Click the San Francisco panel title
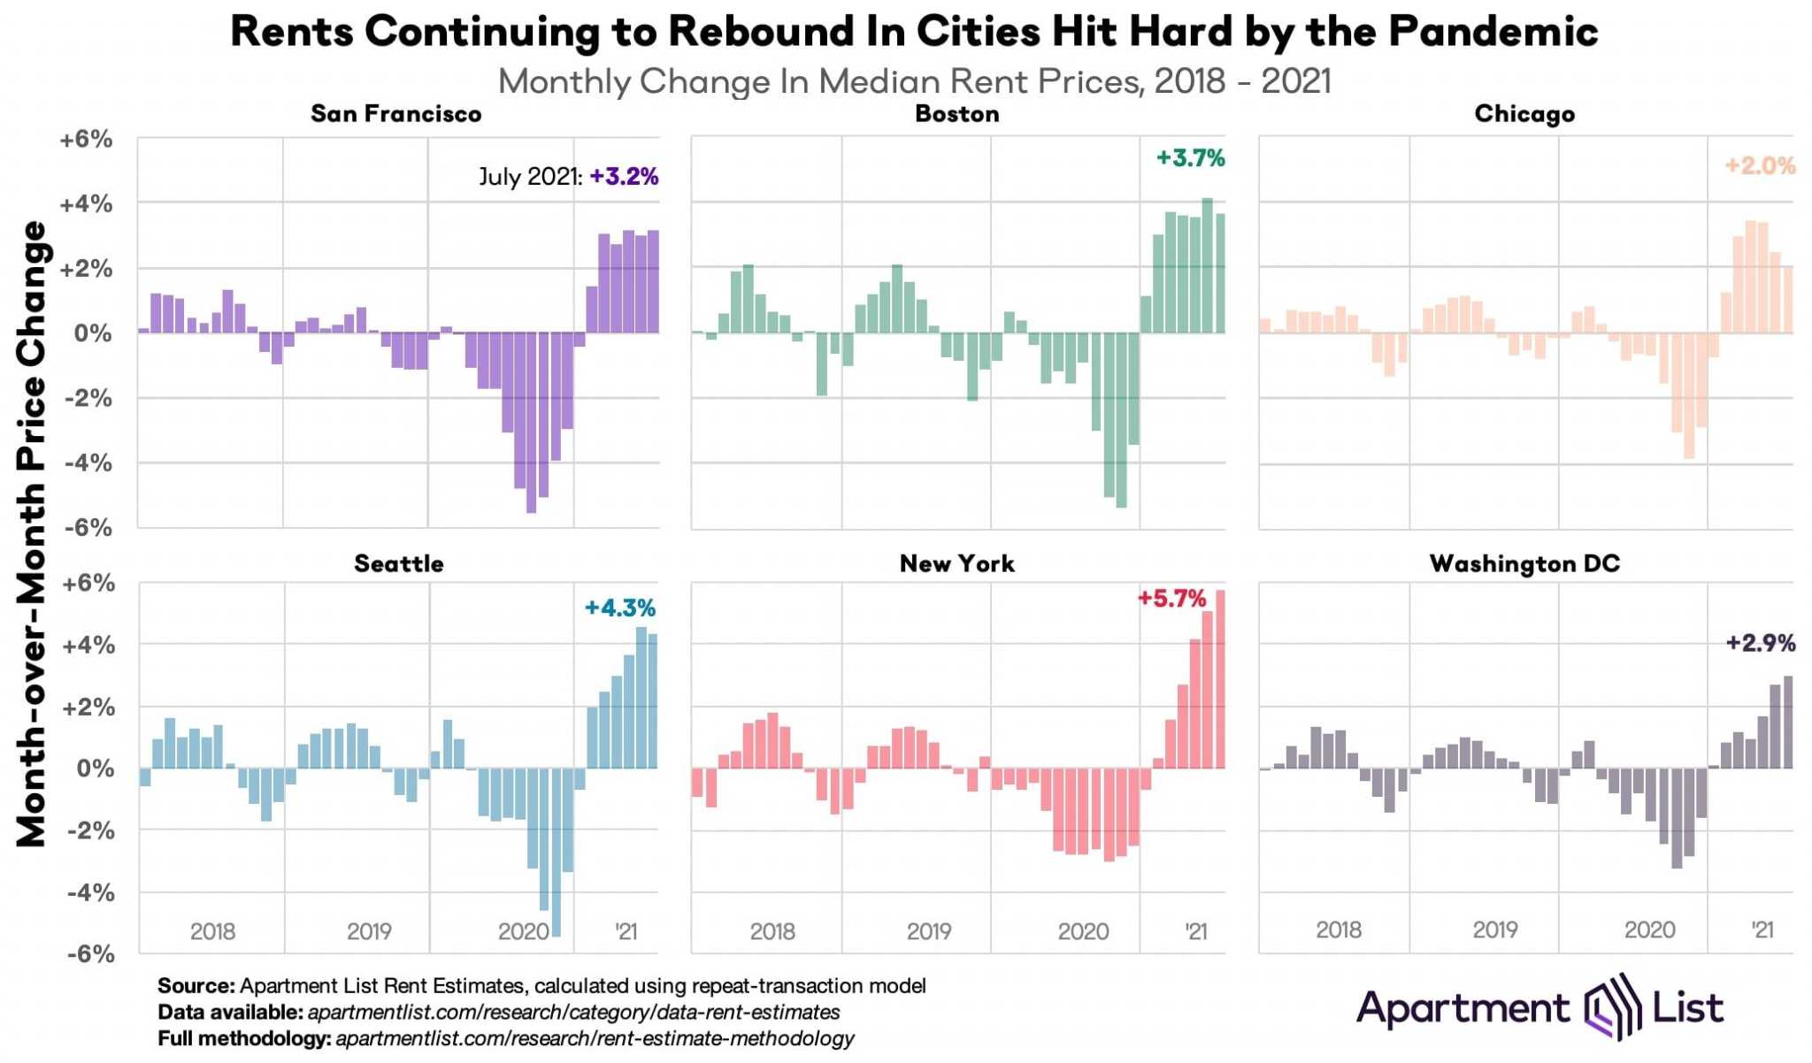tap(395, 114)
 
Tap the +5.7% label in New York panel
tap(1171, 600)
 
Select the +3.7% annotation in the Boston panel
tap(1190, 158)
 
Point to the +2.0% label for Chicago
tap(1759, 165)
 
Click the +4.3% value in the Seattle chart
tap(619, 608)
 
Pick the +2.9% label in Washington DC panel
tap(1760, 643)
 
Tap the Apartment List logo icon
tap(1607, 1007)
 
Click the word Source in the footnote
tap(196, 986)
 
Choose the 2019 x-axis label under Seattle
tap(369, 931)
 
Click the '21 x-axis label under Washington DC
tap(1762, 929)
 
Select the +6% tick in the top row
tap(86, 140)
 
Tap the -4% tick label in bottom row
tap(90, 892)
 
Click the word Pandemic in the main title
tap(1493, 31)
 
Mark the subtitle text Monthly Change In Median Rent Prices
tap(818, 81)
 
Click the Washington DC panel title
tap(1524, 564)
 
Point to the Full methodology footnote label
tap(243, 1038)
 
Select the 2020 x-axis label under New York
tap(1083, 931)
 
